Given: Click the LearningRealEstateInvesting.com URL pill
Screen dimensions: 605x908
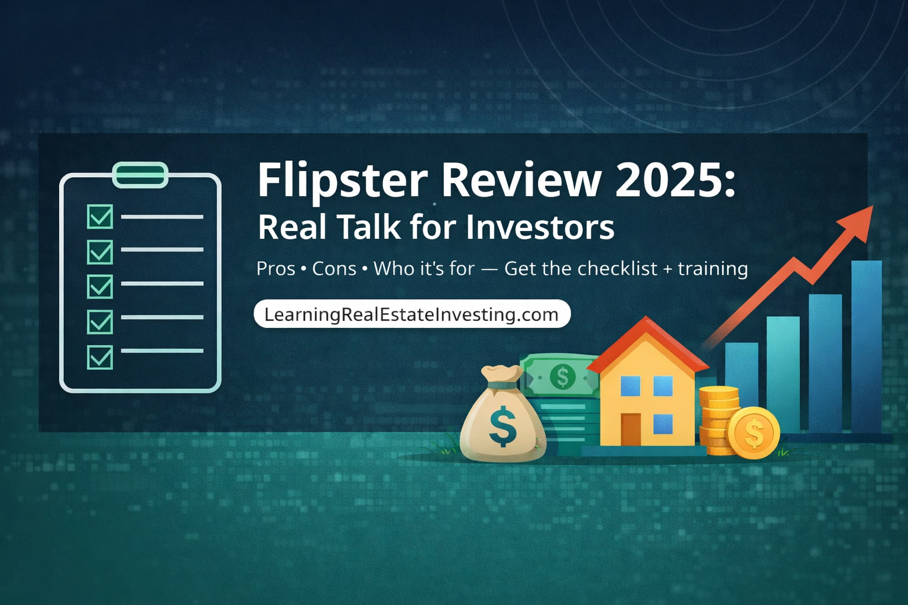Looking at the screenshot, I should tap(411, 314).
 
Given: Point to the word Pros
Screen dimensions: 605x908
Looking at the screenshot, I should tap(275, 269).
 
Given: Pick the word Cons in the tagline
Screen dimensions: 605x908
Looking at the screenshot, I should tap(334, 269).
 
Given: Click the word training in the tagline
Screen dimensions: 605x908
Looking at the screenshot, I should tap(712, 269).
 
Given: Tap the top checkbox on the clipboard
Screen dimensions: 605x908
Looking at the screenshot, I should tap(100, 217).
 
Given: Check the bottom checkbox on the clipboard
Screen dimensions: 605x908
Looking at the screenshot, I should tap(100, 357).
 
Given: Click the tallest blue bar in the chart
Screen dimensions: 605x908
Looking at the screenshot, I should tap(866, 346).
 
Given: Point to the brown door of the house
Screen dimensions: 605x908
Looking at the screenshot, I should tap(631, 430).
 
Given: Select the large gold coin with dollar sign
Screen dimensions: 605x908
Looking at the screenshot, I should tap(754, 433).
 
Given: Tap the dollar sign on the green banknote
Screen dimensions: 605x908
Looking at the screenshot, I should tap(562, 376).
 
